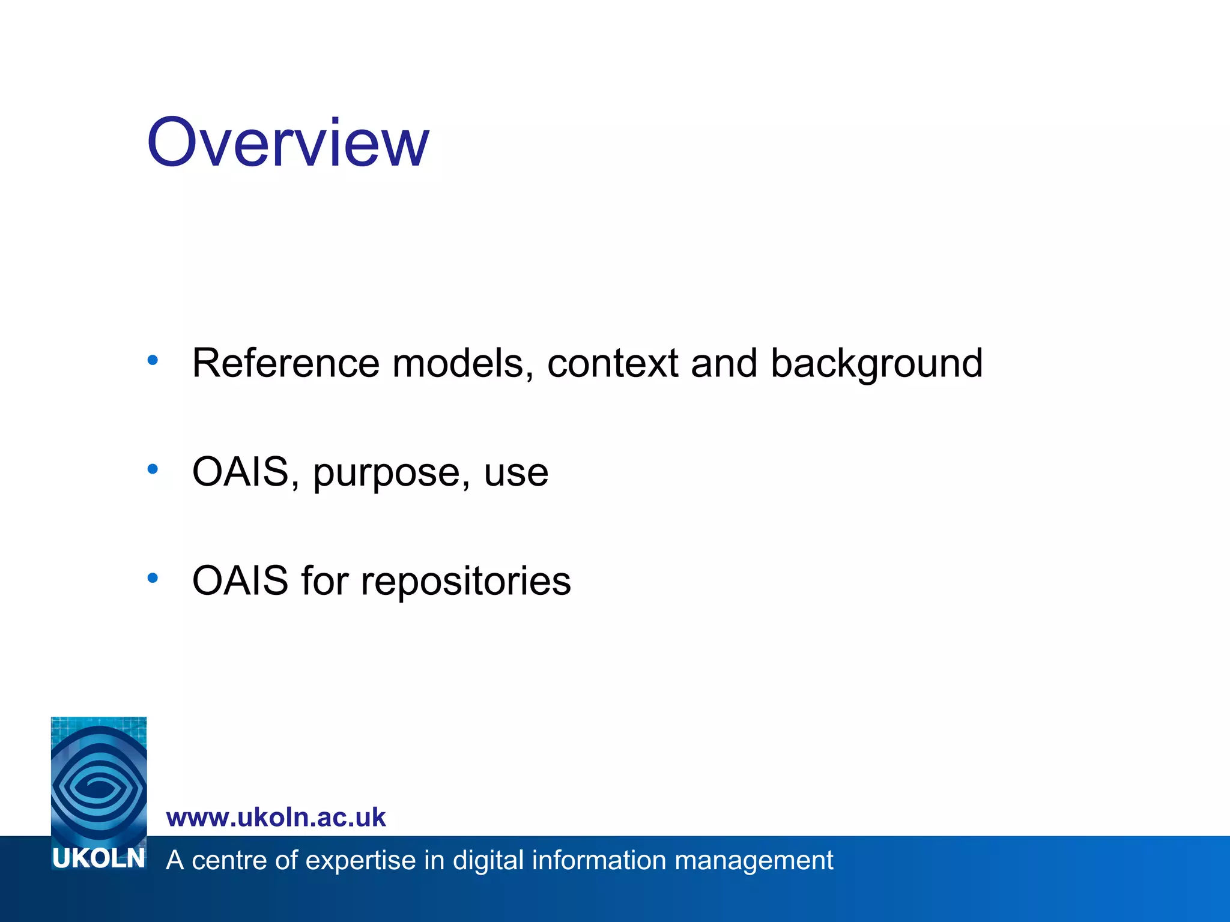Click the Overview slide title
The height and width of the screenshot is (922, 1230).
(x=288, y=143)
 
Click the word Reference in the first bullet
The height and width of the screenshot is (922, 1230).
(x=285, y=363)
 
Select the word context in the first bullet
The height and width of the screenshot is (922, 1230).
(x=613, y=363)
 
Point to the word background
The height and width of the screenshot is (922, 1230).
(x=876, y=364)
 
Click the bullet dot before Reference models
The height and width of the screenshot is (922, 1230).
(x=153, y=360)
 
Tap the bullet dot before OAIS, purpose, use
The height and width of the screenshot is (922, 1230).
(x=153, y=469)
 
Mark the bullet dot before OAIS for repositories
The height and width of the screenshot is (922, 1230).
(x=153, y=577)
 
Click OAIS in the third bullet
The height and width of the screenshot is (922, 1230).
(x=240, y=580)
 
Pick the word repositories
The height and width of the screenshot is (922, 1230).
(x=465, y=582)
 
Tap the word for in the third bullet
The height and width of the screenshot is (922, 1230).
(x=324, y=580)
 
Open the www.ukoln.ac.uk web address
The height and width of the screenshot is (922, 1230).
(x=276, y=818)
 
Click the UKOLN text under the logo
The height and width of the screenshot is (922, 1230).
(x=98, y=859)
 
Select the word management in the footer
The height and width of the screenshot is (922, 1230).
(x=754, y=861)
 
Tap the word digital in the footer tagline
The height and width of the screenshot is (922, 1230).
(x=488, y=861)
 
